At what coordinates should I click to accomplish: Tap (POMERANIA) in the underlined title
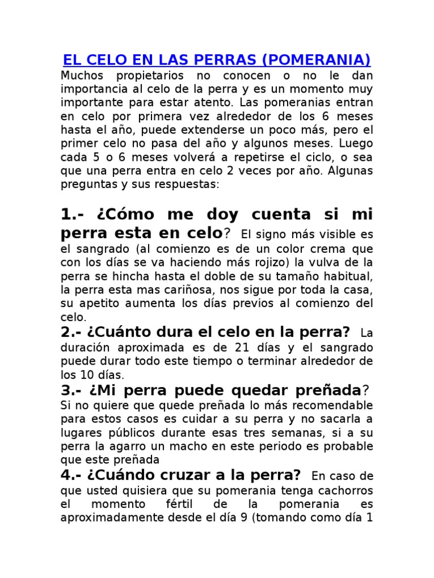pyautogui.click(x=317, y=60)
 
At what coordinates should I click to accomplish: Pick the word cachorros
pyautogui.click(x=346, y=490)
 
